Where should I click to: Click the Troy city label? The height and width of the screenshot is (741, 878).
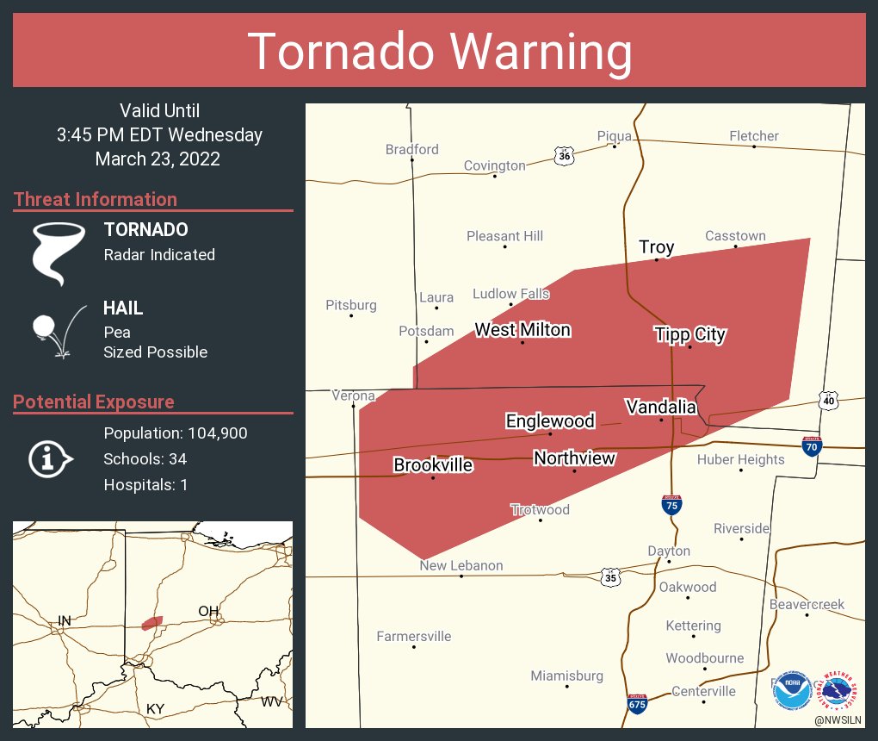point(656,247)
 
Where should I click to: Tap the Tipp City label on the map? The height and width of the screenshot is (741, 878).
point(689,334)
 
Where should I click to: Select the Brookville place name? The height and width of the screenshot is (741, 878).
point(433,465)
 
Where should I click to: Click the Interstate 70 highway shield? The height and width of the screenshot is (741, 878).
point(812,445)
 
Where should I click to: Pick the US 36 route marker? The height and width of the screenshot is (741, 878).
point(564,155)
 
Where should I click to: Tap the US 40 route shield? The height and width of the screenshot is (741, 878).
point(828,401)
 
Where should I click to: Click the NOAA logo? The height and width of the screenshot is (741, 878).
point(789,691)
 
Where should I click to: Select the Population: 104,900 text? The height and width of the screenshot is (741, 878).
point(176,433)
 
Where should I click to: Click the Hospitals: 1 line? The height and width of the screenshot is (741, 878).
point(145,485)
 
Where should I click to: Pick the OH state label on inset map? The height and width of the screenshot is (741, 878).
point(209,611)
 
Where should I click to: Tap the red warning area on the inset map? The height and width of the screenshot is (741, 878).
point(152,622)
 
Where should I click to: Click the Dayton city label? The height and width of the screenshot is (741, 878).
point(669,551)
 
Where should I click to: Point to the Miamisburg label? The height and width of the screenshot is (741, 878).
point(566,676)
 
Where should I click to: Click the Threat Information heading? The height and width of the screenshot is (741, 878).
point(96,199)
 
